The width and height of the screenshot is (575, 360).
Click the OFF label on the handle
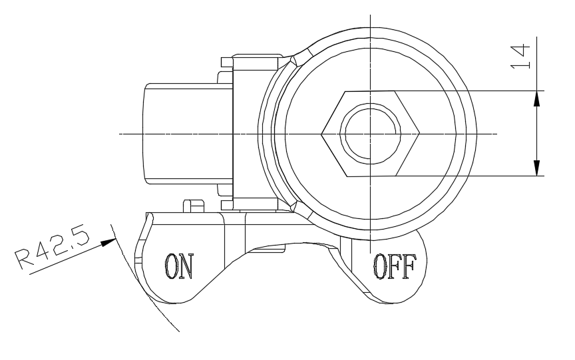pyautogui.click(x=393, y=267)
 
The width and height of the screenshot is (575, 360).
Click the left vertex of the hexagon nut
pyautogui.click(x=321, y=133)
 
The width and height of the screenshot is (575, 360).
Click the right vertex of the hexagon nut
pyautogui.click(x=423, y=133)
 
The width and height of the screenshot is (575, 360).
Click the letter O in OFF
pyautogui.click(x=378, y=267)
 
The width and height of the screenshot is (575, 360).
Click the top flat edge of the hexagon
pyautogui.click(x=372, y=91)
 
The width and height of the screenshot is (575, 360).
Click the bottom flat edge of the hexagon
pyautogui.click(x=372, y=176)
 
